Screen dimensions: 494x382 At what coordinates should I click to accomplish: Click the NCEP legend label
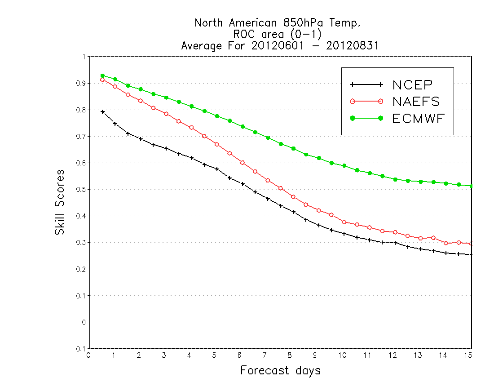[x=412, y=85]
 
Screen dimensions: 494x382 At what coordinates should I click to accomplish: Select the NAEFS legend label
[x=416, y=102]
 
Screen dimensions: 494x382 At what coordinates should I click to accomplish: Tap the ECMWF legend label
[x=418, y=119]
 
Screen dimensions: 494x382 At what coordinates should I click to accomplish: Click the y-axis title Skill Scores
[x=60, y=202]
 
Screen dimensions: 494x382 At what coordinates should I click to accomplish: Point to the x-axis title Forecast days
[x=280, y=370]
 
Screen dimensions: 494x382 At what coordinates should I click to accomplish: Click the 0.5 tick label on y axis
[x=81, y=189]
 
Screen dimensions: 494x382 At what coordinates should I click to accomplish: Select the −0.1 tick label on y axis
[x=79, y=349]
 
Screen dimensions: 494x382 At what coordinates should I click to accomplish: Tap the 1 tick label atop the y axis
[x=84, y=57]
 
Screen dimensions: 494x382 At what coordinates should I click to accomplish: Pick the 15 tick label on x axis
[x=468, y=355]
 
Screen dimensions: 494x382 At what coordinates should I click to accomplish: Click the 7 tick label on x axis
[x=265, y=355]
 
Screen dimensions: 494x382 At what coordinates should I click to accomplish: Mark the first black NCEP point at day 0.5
[x=102, y=111]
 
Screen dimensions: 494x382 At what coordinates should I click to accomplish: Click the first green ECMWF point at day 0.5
[x=102, y=76]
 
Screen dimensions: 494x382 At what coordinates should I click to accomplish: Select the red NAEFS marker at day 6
[x=242, y=163]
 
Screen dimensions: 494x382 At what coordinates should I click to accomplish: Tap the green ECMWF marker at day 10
[x=344, y=166]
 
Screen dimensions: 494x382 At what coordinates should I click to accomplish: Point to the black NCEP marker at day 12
[x=395, y=243]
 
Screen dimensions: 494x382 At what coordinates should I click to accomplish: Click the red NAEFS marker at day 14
[x=446, y=243]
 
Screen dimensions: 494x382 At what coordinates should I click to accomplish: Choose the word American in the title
[x=253, y=23]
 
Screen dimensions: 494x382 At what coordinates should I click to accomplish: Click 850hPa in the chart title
[x=303, y=23]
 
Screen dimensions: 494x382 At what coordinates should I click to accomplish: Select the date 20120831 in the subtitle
[x=352, y=46]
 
